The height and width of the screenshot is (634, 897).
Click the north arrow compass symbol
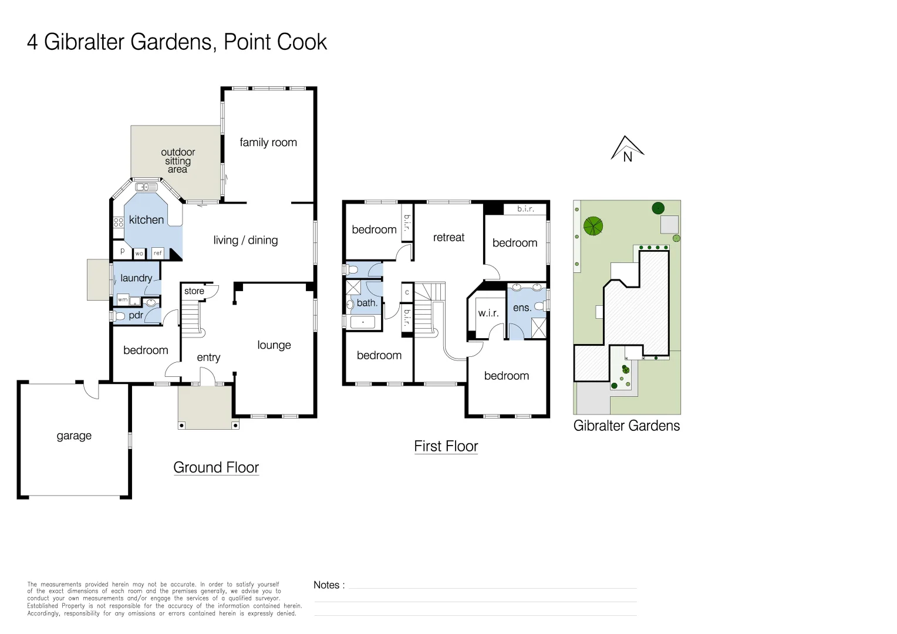tap(627, 149)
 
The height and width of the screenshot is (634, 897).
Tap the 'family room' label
tap(268, 143)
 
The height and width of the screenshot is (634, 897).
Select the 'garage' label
tap(74, 436)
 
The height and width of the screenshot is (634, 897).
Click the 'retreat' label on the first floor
tap(448, 238)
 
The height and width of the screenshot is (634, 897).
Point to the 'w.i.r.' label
tap(488, 313)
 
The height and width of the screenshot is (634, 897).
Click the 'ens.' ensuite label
tap(521, 308)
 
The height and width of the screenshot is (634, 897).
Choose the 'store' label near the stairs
tap(194, 291)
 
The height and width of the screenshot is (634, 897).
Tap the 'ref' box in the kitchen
tap(157, 253)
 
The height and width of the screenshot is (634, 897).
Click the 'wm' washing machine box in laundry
tap(123, 300)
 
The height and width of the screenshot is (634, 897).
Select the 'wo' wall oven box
tap(139, 254)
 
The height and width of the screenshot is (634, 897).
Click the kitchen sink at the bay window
tap(146, 187)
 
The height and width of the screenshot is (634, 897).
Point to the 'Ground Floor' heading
tap(216, 468)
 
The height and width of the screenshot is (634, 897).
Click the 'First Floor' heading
tap(446, 447)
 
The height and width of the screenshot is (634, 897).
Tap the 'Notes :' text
tap(329, 585)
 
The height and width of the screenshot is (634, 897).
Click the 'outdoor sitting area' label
tap(178, 161)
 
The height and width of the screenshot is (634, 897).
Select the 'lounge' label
tap(274, 345)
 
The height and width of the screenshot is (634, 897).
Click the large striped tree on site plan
tap(593, 226)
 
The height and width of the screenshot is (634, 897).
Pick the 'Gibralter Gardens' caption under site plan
tap(626, 426)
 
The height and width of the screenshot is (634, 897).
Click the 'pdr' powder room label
tap(136, 315)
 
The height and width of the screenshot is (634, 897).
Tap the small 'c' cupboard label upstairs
tap(407, 292)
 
